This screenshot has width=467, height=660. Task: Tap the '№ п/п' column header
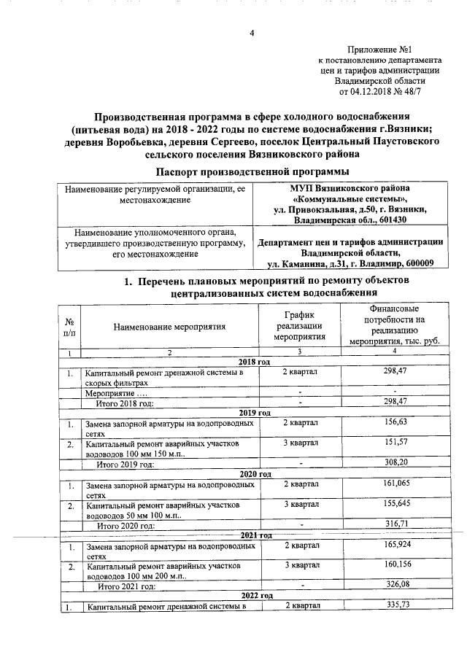[69, 327]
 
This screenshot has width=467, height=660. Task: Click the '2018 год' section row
[255, 362]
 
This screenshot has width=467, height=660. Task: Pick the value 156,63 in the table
[394, 422]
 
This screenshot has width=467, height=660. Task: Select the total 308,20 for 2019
[394, 463]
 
